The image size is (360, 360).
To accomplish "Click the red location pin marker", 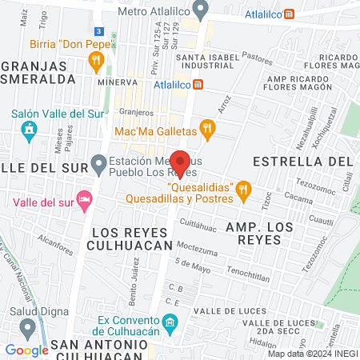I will [x=181, y=162].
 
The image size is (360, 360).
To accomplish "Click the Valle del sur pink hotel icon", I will [x=84, y=198].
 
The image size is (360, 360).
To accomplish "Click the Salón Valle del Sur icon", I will [x=29, y=130].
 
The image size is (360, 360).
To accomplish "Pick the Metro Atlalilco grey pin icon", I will [x=201, y=10].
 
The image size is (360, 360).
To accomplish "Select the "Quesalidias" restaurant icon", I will [x=244, y=189].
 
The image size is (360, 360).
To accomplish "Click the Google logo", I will [x=26, y=350].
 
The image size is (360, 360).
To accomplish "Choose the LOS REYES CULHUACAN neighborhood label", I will [x=132, y=238].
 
